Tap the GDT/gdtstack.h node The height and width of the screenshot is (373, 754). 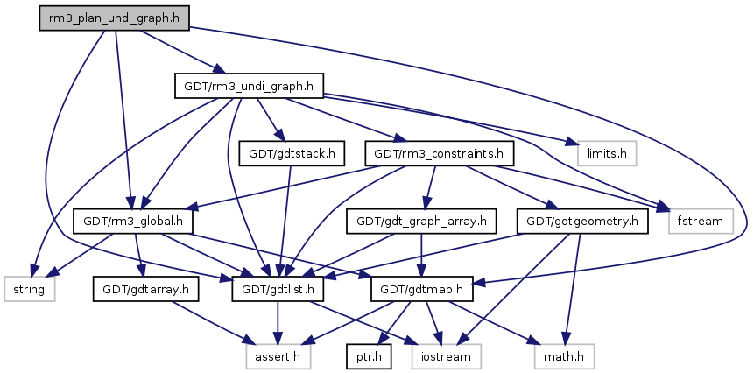pyautogui.click(x=290, y=153)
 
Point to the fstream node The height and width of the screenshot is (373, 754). pyautogui.click(x=701, y=221)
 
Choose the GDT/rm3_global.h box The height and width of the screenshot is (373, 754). pyautogui.click(x=133, y=221)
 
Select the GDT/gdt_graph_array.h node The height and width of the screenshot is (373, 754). pyautogui.click(x=422, y=221)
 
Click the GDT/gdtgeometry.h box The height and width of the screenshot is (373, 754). pyautogui.click(x=582, y=221)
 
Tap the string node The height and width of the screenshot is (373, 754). pyautogui.click(x=30, y=287)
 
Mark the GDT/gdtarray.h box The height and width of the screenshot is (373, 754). pyautogui.click(x=146, y=287)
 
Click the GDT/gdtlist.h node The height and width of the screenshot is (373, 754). pyautogui.click(x=278, y=287)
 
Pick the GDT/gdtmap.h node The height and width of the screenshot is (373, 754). pyautogui.click(x=424, y=287)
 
